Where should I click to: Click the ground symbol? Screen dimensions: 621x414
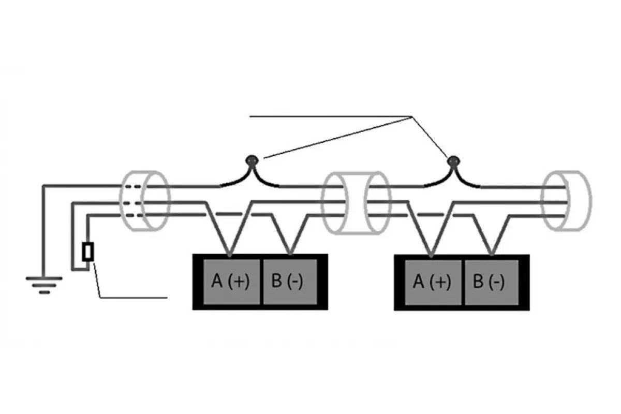45,285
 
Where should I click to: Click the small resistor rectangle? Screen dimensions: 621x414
88,252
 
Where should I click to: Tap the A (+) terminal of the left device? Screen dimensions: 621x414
231,282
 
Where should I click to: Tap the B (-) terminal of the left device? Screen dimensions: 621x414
290,282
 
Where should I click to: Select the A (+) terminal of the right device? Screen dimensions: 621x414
433,282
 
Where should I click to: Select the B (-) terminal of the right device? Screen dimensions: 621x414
492,282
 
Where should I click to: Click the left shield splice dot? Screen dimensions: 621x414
252,160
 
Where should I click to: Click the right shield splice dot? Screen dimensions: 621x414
454,161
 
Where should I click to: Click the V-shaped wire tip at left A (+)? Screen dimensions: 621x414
229,255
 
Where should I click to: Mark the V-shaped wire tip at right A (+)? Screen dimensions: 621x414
431,255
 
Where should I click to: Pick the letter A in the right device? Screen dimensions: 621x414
419,282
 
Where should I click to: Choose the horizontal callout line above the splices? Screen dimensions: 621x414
331,116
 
